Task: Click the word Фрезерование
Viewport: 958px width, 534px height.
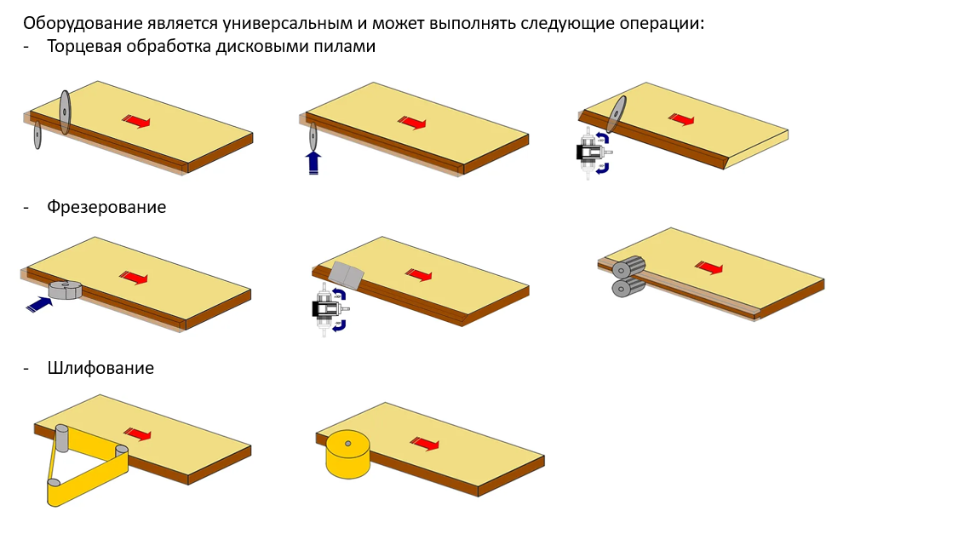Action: click(106, 207)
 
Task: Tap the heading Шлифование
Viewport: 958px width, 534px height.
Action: click(100, 368)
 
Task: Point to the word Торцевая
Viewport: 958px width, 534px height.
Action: click(84, 47)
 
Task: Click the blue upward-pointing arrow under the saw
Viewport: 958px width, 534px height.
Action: click(313, 164)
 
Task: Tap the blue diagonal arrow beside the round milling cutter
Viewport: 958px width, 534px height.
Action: click(39, 304)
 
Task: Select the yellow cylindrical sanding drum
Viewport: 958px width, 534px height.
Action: click(347, 454)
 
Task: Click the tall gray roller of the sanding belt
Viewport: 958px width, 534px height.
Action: click(61, 438)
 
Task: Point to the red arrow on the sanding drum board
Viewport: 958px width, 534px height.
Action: click(425, 444)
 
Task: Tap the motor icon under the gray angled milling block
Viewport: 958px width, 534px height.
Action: click(330, 309)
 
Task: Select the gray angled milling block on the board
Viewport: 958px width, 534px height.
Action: click(346, 275)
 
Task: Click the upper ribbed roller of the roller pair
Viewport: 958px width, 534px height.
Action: click(628, 267)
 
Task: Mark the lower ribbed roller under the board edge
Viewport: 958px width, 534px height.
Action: click(628, 287)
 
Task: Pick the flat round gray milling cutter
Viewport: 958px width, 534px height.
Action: click(65, 290)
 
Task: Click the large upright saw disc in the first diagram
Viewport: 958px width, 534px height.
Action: click(65, 112)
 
